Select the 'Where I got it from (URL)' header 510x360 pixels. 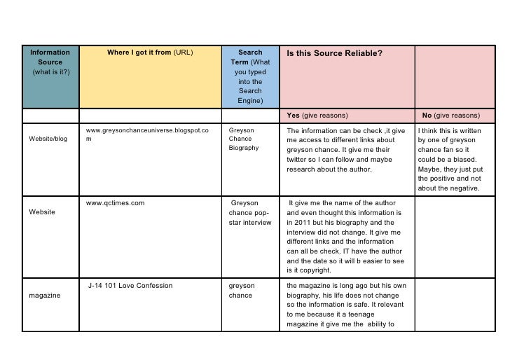pos(150,52)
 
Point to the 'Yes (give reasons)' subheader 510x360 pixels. pos(317,115)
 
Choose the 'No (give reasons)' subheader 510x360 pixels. pos(451,115)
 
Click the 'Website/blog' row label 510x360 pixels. pos(48,139)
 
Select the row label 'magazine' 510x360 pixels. pos(44,296)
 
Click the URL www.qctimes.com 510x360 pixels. pos(115,203)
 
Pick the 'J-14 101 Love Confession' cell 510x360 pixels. pos(130,286)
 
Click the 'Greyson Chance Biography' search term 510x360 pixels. pos(243,139)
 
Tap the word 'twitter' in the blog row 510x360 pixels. pos(298,159)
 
